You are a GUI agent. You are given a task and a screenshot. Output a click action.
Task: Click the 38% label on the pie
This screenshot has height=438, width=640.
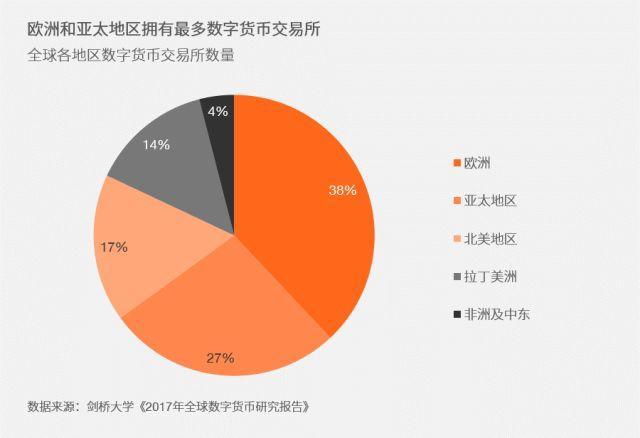tap(342, 190)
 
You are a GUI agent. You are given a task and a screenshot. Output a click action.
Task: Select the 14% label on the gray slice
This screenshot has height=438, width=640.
tap(156, 144)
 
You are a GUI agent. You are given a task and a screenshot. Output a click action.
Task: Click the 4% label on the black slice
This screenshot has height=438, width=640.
tap(217, 112)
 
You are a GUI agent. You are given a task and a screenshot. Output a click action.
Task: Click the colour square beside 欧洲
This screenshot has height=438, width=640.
tap(457, 162)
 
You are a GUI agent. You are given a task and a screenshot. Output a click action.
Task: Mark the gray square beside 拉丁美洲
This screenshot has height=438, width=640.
tap(457, 276)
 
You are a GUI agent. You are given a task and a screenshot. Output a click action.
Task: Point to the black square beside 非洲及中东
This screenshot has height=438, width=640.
tap(457, 314)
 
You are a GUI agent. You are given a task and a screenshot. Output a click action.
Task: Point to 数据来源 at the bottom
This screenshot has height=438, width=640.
tap(50, 408)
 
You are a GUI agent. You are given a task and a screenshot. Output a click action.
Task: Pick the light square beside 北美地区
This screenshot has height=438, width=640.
tap(457, 238)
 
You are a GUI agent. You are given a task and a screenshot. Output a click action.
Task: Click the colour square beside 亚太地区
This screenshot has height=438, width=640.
tap(457, 200)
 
